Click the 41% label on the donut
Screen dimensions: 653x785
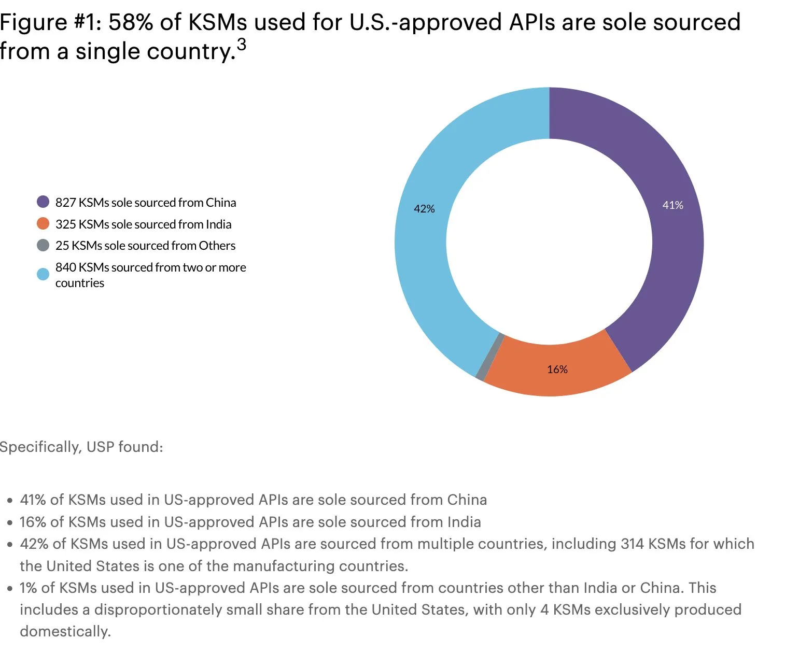(672, 205)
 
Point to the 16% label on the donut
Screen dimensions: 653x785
(557, 370)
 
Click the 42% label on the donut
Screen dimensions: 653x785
(424, 209)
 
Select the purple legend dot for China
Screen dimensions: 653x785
(43, 202)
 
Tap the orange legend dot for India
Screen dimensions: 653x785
(43, 223)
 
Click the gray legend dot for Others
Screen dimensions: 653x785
(43, 245)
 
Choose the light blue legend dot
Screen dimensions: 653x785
(43, 274)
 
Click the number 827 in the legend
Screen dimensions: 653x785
(65, 203)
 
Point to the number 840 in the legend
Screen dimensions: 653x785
(66, 267)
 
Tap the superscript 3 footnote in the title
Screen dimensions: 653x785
(241, 45)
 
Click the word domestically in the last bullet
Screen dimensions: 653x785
(65, 631)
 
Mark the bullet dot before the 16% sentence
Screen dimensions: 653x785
(10, 523)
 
